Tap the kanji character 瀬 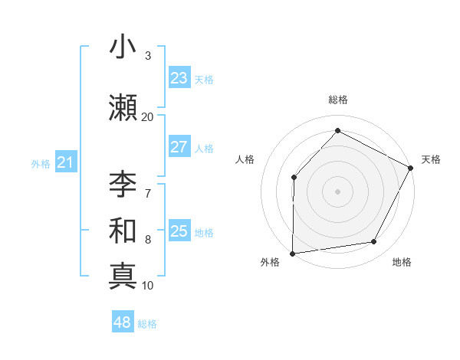click(x=122, y=107)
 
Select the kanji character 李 click(x=122, y=185)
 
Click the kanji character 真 click(x=122, y=275)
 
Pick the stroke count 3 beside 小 click(x=148, y=56)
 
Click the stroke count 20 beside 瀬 click(x=148, y=116)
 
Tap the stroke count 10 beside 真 click(x=148, y=285)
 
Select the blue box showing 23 click(x=179, y=78)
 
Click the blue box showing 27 click(x=179, y=147)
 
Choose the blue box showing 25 click(x=179, y=231)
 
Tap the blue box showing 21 click(x=65, y=162)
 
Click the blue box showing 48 click(x=123, y=322)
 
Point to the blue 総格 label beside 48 click(x=147, y=324)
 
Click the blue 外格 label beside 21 click(x=41, y=163)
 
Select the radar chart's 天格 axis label click(x=431, y=159)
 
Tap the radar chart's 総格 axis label click(x=337, y=100)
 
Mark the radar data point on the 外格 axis click(x=292, y=253)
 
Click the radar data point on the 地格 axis click(x=374, y=242)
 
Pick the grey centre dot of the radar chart click(x=337, y=191)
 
